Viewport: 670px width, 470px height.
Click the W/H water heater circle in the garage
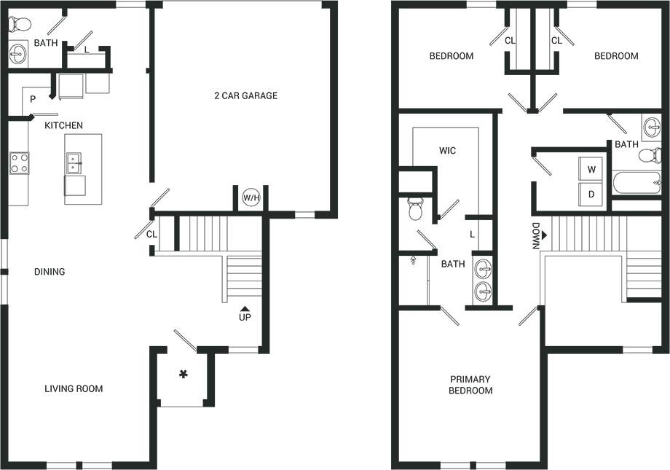point(252,197)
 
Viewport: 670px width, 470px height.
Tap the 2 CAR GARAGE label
point(245,95)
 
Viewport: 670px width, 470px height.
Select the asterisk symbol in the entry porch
point(184,375)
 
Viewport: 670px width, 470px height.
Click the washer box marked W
point(591,169)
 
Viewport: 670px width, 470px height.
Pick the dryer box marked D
point(591,195)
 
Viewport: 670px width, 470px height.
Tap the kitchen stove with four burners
point(19,163)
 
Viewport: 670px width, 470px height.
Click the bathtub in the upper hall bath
point(636,182)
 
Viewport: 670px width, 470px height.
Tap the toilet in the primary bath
point(416,209)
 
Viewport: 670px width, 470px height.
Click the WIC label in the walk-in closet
point(447,151)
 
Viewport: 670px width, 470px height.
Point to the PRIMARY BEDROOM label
point(470,385)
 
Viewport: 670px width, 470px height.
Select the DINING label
point(50,272)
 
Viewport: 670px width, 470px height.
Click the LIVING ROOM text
point(74,388)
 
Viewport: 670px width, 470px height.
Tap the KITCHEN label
point(63,125)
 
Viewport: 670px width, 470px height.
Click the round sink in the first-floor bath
point(17,52)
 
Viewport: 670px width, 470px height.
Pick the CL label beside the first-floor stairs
point(151,234)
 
